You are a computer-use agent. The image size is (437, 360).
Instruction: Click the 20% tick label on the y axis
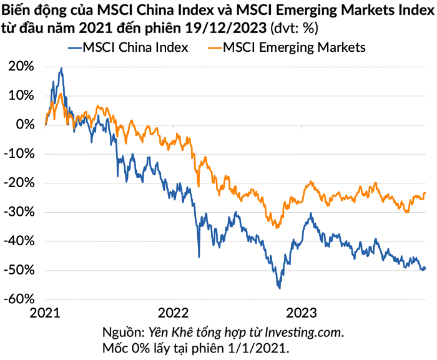[x=21, y=66]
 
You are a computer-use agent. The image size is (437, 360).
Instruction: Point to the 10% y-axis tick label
[x=21, y=95]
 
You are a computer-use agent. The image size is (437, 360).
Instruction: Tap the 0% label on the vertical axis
[x=25, y=125]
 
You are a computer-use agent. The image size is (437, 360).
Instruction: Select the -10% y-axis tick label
[x=19, y=153]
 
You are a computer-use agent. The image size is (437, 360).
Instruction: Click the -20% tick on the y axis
[x=19, y=183]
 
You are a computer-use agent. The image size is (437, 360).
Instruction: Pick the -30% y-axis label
[x=19, y=212]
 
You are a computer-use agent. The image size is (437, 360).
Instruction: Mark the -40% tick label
[x=19, y=241]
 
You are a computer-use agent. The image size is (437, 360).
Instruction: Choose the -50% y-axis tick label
[x=19, y=270]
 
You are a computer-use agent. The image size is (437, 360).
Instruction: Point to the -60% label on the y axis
[x=19, y=299]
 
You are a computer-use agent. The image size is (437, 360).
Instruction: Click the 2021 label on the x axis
[x=45, y=313]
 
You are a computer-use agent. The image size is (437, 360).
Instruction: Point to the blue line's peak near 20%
[x=61, y=68]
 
